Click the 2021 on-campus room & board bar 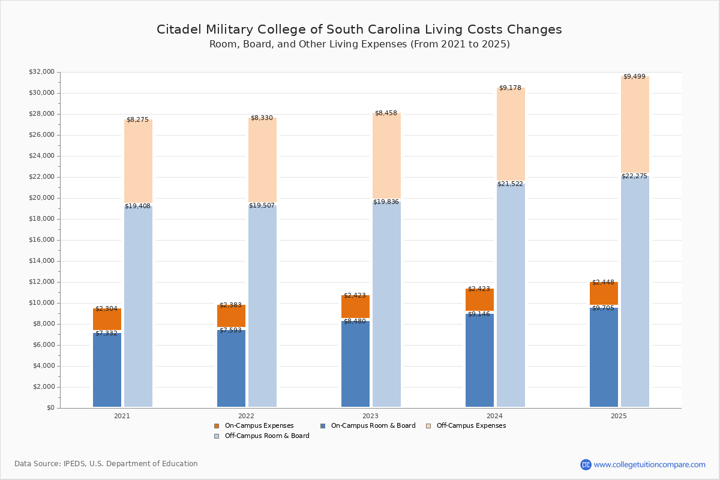(x=107, y=370)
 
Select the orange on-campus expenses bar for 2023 (x=355, y=307)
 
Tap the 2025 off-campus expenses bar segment (x=635, y=125)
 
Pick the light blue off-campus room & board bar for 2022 (x=262, y=306)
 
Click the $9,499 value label (x=634, y=77)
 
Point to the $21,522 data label (x=510, y=184)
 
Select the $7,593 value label (x=230, y=331)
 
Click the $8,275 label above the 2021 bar (x=137, y=120)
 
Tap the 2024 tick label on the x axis (x=494, y=416)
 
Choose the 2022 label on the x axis (x=246, y=416)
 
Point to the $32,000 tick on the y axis (x=41, y=72)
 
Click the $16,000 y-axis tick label (x=41, y=240)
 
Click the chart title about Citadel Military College (x=359, y=30)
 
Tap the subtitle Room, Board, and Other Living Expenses (x=359, y=44)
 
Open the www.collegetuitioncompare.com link (x=649, y=464)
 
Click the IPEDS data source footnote (x=106, y=464)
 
